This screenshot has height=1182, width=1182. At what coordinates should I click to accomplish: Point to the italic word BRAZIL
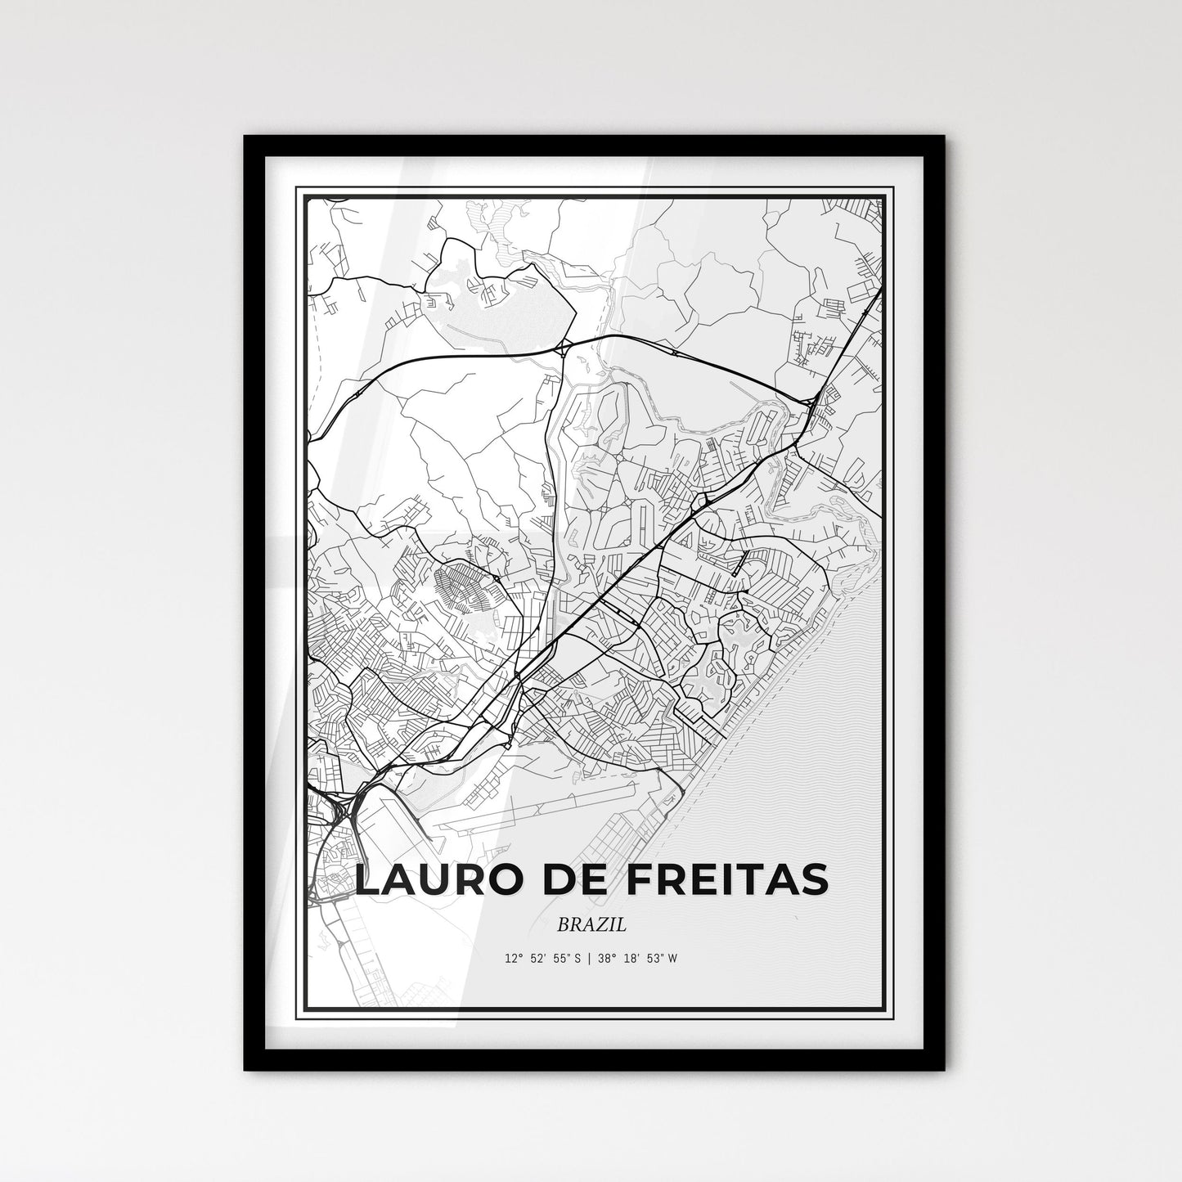pyautogui.click(x=591, y=925)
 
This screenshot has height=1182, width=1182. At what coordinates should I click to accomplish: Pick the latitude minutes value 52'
pyautogui.click(x=539, y=958)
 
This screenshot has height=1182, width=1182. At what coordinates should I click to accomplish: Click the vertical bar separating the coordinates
pyautogui.click(x=591, y=958)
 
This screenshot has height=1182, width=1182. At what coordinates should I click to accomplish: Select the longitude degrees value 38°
pyautogui.click(x=605, y=958)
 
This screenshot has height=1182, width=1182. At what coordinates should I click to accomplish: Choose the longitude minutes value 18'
pyautogui.click(x=631, y=958)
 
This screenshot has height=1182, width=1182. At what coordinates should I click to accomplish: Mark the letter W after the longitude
pyautogui.click(x=672, y=958)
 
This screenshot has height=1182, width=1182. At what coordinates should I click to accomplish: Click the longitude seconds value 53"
pyautogui.click(x=653, y=958)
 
